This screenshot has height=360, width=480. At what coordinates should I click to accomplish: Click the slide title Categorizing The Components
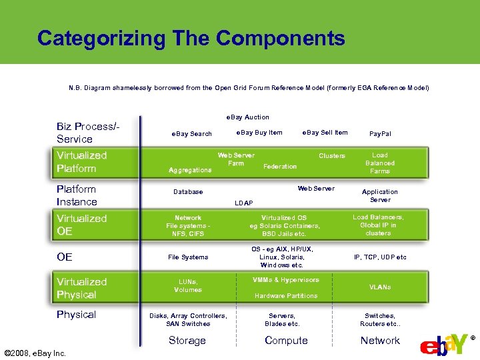pyautogui.click(x=191, y=38)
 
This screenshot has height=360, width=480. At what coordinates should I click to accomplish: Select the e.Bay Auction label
pyautogui.click(x=248, y=117)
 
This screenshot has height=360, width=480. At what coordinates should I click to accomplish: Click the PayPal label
pyautogui.click(x=380, y=134)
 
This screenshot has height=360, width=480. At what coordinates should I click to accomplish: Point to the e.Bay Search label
pyautogui.click(x=191, y=134)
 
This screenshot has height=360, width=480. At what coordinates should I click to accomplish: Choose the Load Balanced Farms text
pyautogui.click(x=380, y=163)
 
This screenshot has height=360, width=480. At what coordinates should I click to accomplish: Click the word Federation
pyautogui.click(x=280, y=167)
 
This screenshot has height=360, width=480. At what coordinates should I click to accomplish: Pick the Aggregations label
pyautogui.click(x=190, y=170)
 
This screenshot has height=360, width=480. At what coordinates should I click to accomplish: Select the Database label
pyautogui.click(x=188, y=192)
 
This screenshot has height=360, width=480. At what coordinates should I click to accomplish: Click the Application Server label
pyautogui.click(x=380, y=196)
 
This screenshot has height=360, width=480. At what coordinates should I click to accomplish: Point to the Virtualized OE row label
pyautogui.click(x=81, y=225)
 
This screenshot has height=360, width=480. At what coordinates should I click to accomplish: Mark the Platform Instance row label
pyautogui.click(x=77, y=195)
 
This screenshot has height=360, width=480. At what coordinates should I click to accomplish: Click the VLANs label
pyautogui.click(x=380, y=287)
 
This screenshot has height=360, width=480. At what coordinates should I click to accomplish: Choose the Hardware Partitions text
pyautogui.click(x=286, y=296)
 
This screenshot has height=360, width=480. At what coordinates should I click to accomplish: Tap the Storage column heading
pyautogui.click(x=187, y=341)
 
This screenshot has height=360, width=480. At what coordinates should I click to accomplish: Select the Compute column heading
pyautogui.click(x=286, y=341)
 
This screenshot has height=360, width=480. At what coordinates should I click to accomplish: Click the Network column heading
pyautogui.click(x=380, y=341)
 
